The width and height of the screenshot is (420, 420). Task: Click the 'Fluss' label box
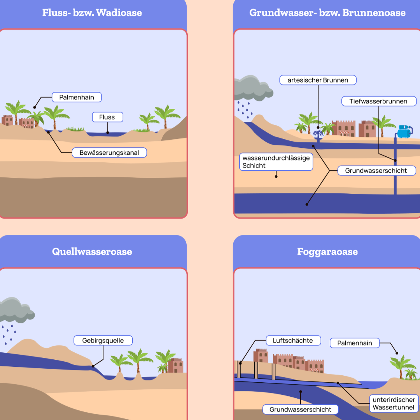[108, 117]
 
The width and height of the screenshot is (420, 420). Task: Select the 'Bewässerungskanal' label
[109, 153]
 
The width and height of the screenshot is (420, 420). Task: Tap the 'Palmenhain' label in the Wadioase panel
[77, 97]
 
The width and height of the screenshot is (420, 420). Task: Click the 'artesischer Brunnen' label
[318, 80]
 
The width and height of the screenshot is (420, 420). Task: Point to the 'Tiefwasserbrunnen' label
[379, 101]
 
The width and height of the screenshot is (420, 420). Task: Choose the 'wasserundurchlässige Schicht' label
[276, 161]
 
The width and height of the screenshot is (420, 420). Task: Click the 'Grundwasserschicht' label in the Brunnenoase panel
[376, 171]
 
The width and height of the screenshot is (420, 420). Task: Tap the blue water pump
[404, 131]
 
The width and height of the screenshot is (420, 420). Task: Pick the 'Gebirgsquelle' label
[103, 340]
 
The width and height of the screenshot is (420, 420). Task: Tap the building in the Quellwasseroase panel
[175, 365]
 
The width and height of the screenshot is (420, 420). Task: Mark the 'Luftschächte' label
[293, 340]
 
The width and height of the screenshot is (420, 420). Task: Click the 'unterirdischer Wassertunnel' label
[394, 403]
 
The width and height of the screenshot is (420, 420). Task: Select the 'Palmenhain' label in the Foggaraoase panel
[355, 343]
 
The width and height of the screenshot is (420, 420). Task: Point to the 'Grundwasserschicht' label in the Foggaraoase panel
[300, 409]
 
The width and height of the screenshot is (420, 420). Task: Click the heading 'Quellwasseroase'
[92, 252]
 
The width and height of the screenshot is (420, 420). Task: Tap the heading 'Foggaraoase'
[327, 252]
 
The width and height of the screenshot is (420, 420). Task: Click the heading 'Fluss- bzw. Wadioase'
[92, 12]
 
